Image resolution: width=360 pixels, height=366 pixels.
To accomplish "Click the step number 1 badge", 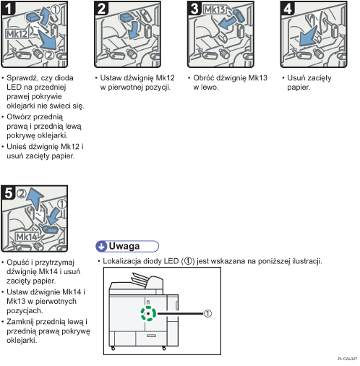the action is coord(9,9).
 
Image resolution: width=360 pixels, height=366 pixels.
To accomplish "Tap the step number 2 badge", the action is coord(101,9).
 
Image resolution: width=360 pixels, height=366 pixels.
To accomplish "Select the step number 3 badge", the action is coord(194,9).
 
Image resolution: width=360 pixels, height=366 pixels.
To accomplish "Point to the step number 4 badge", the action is coord(288,9).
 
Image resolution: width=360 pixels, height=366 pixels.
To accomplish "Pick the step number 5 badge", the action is coord(9,193).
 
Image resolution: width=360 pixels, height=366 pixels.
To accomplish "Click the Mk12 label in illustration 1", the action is coord(17,34).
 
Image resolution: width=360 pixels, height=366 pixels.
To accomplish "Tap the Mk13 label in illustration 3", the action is coord(215,9).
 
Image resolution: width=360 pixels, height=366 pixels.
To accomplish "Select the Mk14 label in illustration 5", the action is coord(27,237).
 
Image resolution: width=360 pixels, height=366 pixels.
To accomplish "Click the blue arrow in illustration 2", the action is coord(133,30).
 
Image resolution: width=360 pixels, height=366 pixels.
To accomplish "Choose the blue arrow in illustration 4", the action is coord(308,37).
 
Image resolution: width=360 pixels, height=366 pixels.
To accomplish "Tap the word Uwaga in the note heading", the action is coord(124,246).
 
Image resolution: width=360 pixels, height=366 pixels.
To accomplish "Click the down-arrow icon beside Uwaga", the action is coord(102,246).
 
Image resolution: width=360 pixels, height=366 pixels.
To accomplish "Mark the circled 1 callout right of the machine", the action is coord(207,313).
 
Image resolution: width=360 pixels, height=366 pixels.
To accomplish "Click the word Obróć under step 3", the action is coord(203,78).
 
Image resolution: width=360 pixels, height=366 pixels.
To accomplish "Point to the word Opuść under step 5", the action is coord(17,263).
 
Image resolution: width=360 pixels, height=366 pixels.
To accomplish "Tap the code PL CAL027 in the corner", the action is coord(347,359).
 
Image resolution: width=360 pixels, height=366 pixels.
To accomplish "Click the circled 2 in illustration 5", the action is coord(22,193).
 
